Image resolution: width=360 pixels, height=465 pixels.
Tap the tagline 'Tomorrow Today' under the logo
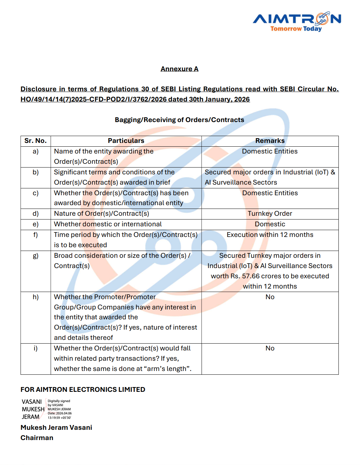296,29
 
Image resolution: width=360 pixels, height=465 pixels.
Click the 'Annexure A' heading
179,69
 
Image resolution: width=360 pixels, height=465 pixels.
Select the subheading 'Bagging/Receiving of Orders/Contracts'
179,120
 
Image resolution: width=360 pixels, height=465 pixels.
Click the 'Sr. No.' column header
36,141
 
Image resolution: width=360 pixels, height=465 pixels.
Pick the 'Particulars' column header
126,141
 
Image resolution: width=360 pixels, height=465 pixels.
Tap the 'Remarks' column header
270,141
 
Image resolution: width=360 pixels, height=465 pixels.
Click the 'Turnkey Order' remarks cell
270,214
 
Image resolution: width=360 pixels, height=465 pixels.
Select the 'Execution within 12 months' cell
270,235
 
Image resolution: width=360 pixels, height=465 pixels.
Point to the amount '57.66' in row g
251,276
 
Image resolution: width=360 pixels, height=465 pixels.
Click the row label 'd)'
36,214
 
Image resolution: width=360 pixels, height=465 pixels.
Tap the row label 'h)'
36,297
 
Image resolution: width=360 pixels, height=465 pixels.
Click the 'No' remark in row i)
270,348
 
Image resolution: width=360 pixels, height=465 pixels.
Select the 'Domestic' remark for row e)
270,224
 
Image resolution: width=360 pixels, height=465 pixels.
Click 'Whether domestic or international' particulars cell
108,224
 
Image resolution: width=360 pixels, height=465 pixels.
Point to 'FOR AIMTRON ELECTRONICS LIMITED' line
83,389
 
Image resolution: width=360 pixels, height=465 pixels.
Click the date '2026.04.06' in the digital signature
64,413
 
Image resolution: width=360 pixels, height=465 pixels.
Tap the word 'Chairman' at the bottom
37,438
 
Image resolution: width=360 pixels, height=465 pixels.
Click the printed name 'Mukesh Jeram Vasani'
56,428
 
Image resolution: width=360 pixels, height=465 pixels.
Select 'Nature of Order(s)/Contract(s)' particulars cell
102,214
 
